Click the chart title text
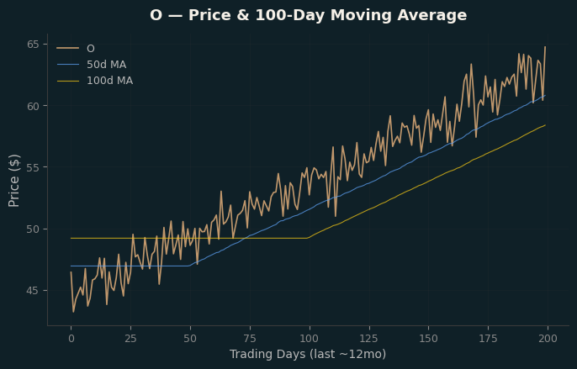(x=309, y=15)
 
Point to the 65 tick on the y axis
(x=33, y=45)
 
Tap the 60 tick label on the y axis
(x=33, y=106)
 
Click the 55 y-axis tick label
(x=33, y=167)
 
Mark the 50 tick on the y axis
(x=33, y=229)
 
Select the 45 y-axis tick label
(x=33, y=291)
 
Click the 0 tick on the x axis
(x=71, y=339)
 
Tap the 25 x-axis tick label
(x=130, y=339)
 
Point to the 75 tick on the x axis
(x=250, y=339)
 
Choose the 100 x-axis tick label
(x=310, y=339)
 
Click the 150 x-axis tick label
(x=429, y=339)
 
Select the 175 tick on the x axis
(x=489, y=339)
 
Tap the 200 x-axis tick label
(x=548, y=339)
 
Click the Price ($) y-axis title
(x=13, y=181)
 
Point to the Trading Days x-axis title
(x=308, y=354)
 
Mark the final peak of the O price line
(x=545, y=47)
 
